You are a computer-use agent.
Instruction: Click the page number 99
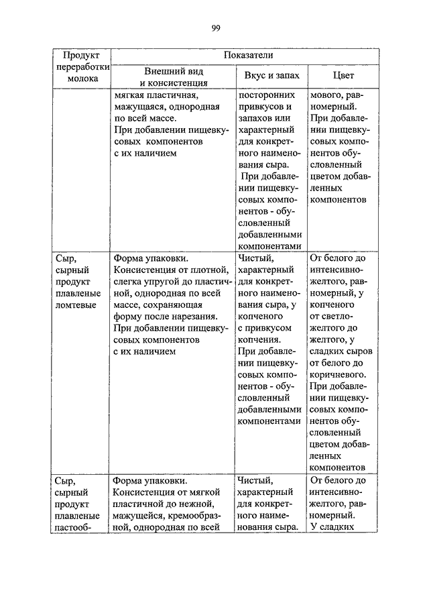[216, 27]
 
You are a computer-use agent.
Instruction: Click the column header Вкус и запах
[270, 76]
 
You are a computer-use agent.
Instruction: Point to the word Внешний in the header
[162, 70]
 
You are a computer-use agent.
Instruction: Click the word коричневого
[337, 374]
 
